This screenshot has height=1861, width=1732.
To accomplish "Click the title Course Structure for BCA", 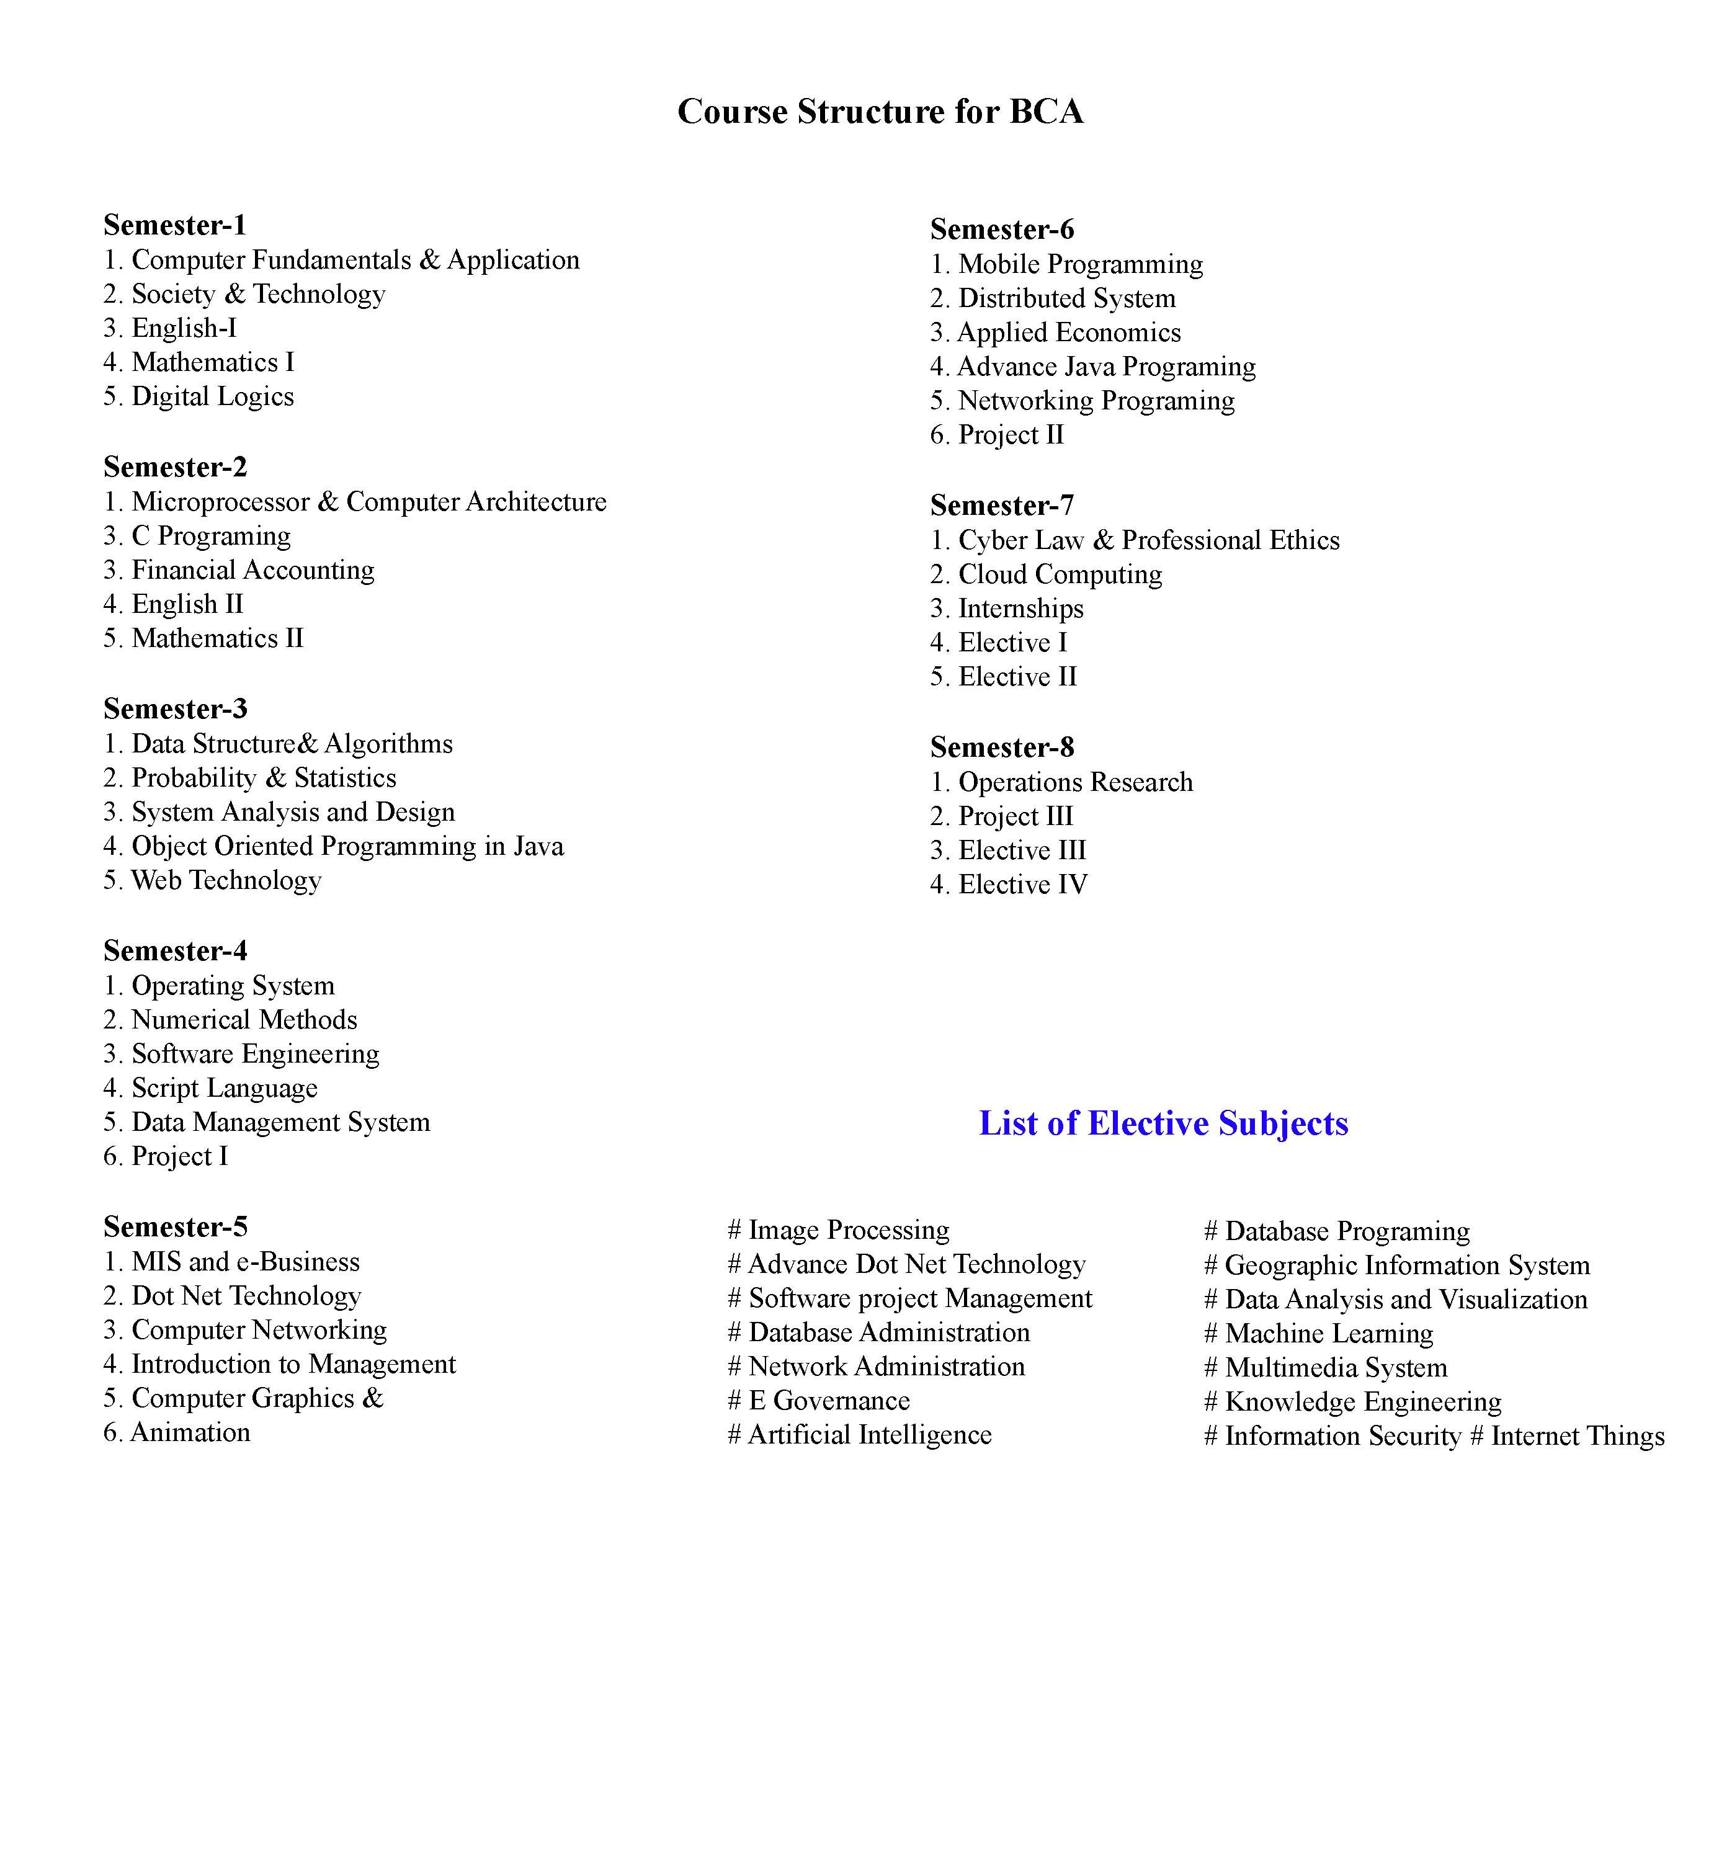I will click(x=880, y=112).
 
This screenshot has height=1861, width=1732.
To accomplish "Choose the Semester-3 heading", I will click(x=175, y=708).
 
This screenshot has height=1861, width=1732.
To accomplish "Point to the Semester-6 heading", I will click(x=1002, y=230).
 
